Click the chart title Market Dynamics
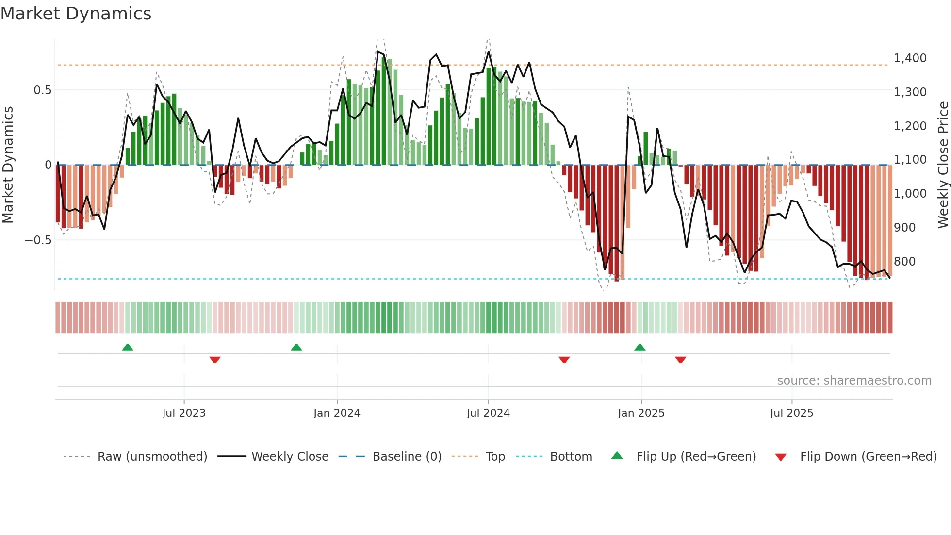[76, 14]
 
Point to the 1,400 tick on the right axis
[910, 58]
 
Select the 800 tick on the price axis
[904, 262]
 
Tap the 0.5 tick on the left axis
[42, 90]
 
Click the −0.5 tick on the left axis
[38, 240]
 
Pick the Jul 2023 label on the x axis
[183, 413]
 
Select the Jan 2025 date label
[640, 413]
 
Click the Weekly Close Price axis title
[943, 165]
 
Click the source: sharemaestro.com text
[854, 381]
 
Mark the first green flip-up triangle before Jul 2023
[128, 347]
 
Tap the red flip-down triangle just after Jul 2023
[215, 360]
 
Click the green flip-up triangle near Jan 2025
[639, 347]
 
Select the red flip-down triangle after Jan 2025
[680, 360]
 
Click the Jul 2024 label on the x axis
[488, 413]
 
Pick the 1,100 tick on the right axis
[910, 160]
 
